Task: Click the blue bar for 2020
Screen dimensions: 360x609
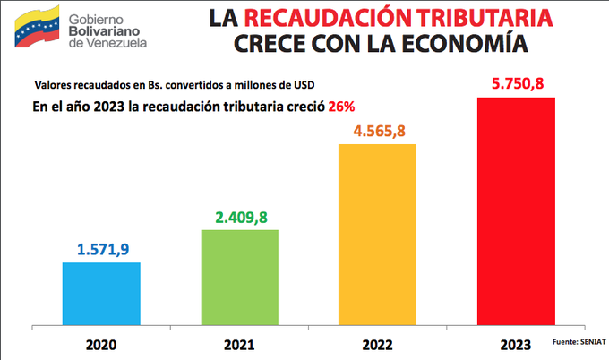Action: coord(101,291)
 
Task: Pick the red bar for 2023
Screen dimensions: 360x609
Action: coord(516,209)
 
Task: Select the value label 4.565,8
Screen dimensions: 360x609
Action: coord(376,130)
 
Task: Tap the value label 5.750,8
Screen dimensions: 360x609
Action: coord(516,83)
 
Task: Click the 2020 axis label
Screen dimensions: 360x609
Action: coord(100,344)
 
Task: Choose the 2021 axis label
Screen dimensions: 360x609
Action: coord(239,344)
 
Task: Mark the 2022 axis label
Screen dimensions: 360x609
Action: coord(376,344)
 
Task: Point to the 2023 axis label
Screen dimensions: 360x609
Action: coord(516,344)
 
